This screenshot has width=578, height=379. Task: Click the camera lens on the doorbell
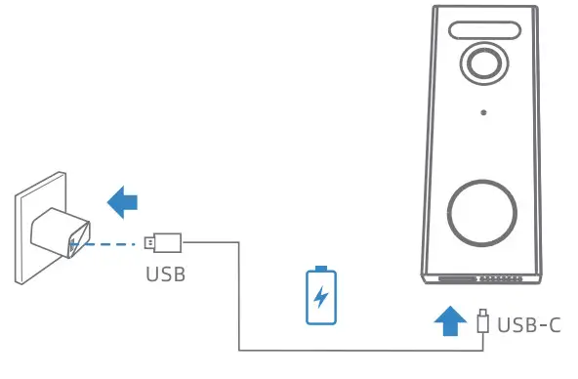click(482, 63)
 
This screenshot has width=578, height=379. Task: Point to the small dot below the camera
click(482, 112)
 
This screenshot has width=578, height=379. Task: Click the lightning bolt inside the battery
click(319, 295)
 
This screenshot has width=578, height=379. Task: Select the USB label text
click(166, 273)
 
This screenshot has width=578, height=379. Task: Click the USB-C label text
click(528, 323)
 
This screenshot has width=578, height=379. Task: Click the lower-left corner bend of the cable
click(240, 349)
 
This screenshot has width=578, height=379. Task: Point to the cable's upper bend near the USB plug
click(240, 241)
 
